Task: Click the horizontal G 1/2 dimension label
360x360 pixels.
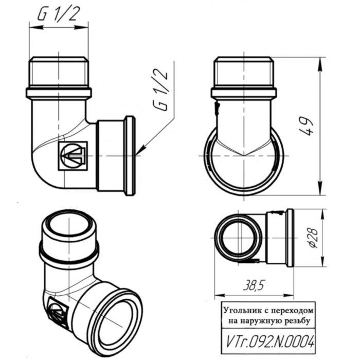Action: (58, 15)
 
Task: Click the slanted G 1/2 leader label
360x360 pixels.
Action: (160, 91)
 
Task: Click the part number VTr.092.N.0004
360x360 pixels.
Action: (268, 341)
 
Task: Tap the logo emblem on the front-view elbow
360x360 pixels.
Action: (72, 155)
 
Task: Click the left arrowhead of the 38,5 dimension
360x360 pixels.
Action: (217, 295)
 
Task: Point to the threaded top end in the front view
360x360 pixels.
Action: (58, 73)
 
